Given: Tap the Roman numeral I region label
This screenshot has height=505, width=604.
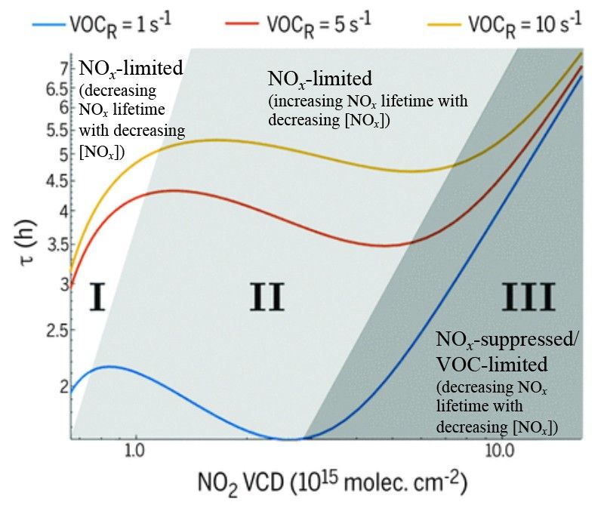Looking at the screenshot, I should click(97, 297).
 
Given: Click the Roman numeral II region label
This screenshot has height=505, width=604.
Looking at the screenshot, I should click(267, 297).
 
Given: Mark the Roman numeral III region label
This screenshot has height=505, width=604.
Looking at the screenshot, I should click(528, 297).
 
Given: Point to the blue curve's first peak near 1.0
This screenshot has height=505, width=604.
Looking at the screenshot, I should click(110, 366).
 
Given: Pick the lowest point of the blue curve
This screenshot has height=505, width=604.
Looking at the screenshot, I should click(288, 439).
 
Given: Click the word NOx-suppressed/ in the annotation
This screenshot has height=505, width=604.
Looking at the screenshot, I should click(508, 340).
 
